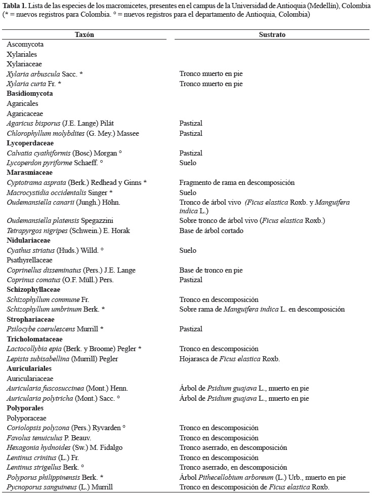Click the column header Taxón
84,34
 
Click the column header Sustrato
273,34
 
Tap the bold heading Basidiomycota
30,94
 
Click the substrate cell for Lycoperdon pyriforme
188,163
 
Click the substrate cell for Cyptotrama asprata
237,182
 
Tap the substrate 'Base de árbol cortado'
211,231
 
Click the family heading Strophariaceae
30,319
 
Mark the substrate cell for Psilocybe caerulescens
191,329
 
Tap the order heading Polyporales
25,408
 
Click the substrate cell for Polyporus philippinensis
263,477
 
